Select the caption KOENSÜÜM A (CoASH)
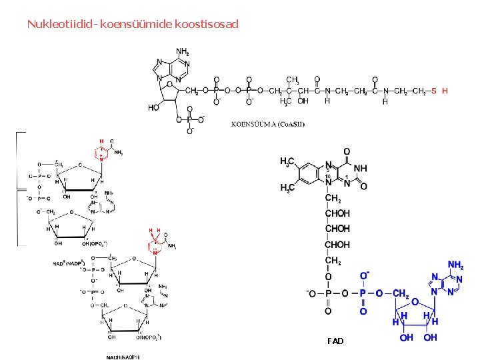coord(268,124)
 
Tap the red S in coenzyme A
coord(434,90)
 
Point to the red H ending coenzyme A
coord(445,90)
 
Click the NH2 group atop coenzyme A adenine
coord(182,51)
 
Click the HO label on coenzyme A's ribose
coord(154,107)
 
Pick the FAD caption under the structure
coord(335,341)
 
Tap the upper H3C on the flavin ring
coord(287,162)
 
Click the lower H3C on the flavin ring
coord(287,188)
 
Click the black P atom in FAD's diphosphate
coord(327,293)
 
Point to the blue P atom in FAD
coord(363,293)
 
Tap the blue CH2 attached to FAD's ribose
coord(401,293)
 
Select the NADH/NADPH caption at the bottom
coord(123,357)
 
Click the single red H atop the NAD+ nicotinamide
coord(101,141)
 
